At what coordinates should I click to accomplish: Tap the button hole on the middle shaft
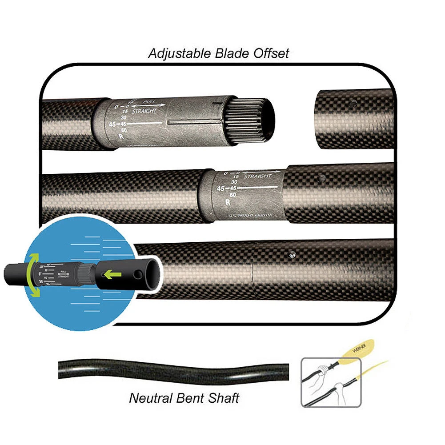(322, 178)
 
